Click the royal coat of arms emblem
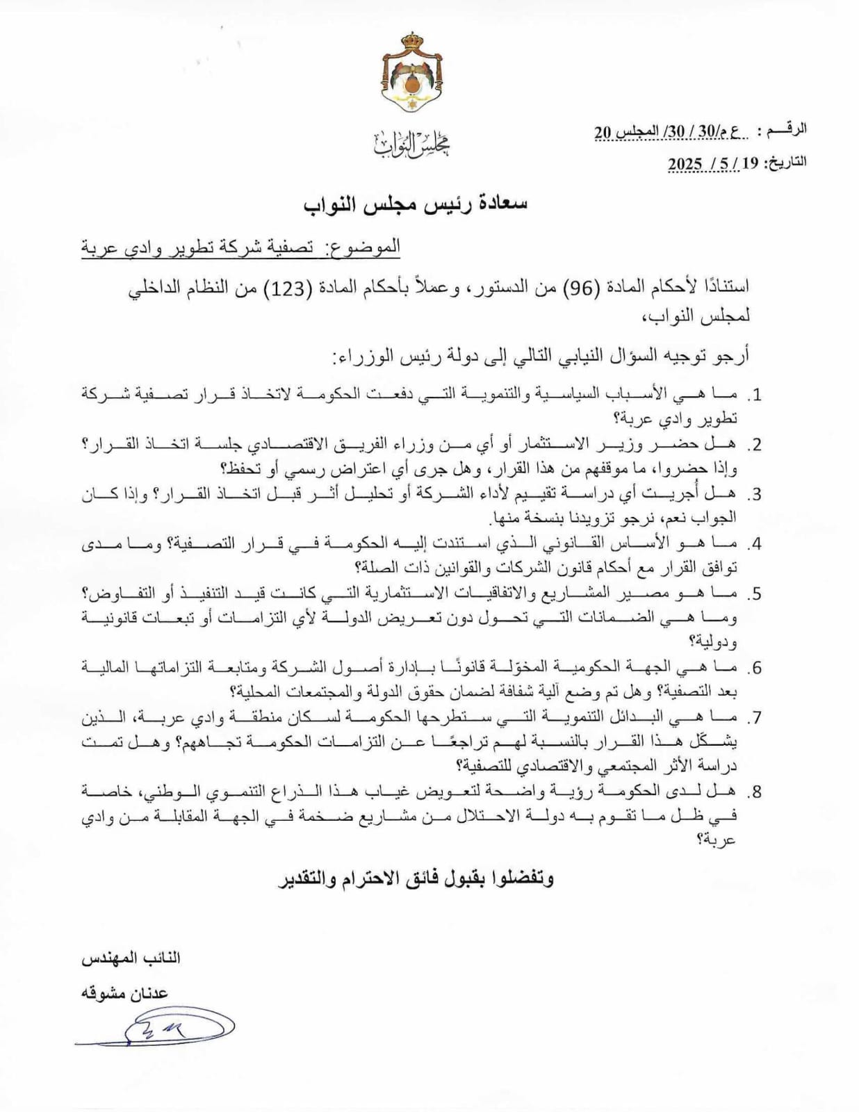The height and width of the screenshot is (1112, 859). pyautogui.click(x=415, y=75)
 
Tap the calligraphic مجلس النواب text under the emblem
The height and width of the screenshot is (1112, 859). pyautogui.click(x=412, y=144)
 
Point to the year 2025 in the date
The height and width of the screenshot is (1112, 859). pyautogui.click(x=685, y=163)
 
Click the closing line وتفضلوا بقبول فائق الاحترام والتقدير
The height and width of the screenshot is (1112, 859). pyautogui.click(x=416, y=878)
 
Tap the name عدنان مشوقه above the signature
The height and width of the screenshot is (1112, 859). pyautogui.click(x=126, y=993)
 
